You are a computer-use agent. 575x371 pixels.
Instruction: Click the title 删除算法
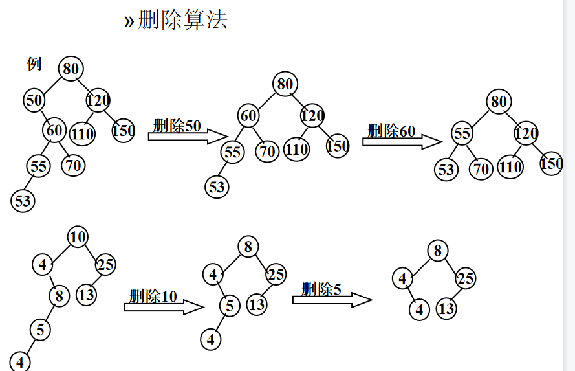pos(182,20)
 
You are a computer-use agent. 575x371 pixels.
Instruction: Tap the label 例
pos(34,63)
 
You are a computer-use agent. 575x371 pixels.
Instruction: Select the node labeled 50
pos(34,100)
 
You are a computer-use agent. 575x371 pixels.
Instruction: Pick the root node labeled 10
pos(78,237)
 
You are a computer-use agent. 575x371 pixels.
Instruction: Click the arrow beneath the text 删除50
pos(188,137)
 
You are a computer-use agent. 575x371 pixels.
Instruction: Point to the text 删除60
pos(391,131)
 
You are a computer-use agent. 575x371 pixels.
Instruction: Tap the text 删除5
pos(321,289)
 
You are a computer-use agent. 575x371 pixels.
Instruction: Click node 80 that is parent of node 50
pos(71,67)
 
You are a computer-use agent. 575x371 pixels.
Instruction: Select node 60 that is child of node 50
pos(54,130)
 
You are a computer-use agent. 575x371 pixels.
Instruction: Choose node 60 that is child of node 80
pos(248,116)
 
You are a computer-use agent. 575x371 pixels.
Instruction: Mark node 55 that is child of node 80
pos(461,134)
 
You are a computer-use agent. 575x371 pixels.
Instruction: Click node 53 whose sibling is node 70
pos(446,170)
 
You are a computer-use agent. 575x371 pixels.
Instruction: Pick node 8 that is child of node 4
pos(59,297)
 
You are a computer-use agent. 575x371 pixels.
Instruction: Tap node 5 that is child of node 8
pos(39,330)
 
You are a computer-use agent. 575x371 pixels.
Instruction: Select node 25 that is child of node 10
pos(105,264)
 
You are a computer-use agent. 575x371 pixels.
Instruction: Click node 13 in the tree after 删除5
pos(446,309)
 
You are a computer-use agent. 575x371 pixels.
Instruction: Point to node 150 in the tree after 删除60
pos(551,163)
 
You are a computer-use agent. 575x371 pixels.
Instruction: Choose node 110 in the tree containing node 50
pos(82,134)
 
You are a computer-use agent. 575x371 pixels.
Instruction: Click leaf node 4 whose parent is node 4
pos(419,309)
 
